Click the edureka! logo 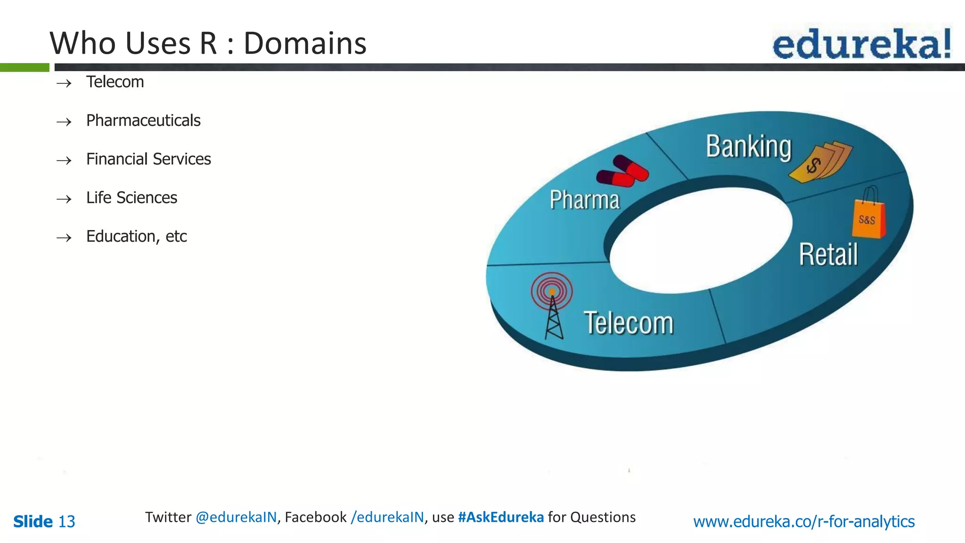[x=861, y=43]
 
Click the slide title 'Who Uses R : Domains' [x=208, y=43]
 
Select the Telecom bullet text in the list [x=115, y=82]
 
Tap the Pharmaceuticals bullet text [x=143, y=121]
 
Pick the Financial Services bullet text [x=148, y=159]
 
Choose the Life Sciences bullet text [x=131, y=198]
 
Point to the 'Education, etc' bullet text [x=136, y=237]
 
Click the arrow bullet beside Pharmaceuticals [x=64, y=122]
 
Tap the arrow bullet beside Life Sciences [x=64, y=199]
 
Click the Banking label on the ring [x=748, y=147]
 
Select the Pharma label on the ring [x=584, y=200]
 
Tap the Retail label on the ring [x=828, y=255]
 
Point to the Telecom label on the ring [x=629, y=323]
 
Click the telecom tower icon [x=552, y=304]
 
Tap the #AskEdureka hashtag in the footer [x=500, y=517]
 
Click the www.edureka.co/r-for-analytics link [x=804, y=521]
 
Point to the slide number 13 [x=66, y=521]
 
